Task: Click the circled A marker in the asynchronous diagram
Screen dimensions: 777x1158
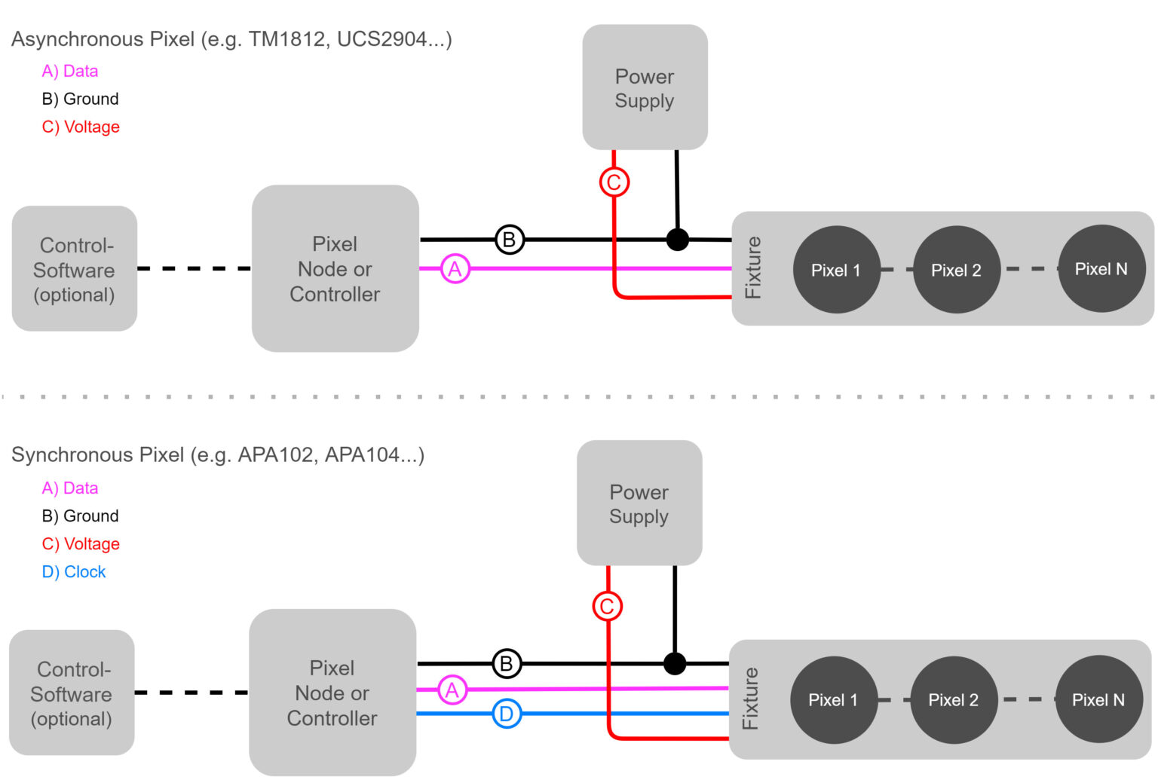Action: pos(455,269)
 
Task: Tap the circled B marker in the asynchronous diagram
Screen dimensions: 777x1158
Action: pos(510,240)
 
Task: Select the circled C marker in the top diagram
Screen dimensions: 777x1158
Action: pos(614,182)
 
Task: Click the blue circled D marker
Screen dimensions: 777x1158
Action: pos(507,714)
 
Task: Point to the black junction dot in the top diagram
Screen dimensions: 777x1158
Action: pos(678,240)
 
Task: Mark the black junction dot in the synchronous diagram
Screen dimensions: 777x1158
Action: pos(675,663)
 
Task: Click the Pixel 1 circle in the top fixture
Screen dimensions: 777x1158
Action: pos(836,270)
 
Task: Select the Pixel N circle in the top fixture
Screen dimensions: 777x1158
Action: pos(1101,269)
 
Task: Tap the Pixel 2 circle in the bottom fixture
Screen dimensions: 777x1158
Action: pos(954,700)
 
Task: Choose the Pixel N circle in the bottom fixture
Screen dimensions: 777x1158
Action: pos(1098,700)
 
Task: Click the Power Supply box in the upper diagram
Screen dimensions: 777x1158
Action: pos(645,88)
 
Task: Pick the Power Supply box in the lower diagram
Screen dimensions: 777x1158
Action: pos(639,503)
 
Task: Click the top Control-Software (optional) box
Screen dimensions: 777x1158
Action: pos(74,269)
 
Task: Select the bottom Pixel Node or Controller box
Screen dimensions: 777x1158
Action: pos(332,693)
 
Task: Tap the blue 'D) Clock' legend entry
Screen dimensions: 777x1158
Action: pos(74,572)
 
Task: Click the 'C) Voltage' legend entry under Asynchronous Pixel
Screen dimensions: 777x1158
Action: pos(81,127)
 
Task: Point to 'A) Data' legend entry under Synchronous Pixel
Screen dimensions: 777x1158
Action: pos(70,488)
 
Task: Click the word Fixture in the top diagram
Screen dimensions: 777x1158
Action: pos(752,268)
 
